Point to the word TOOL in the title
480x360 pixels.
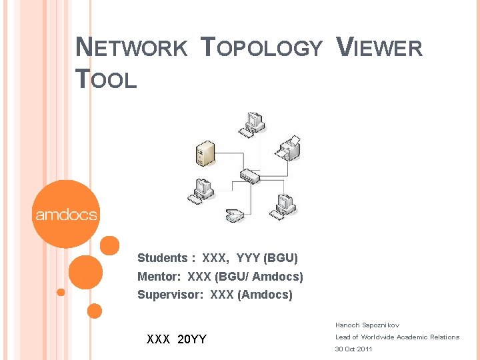tap(106, 80)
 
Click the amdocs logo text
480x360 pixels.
tap(66, 215)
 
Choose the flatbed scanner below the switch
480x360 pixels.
tap(235, 215)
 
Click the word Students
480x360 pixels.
tap(162, 258)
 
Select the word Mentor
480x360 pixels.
tap(158, 277)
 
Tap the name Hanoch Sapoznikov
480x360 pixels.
tap(367, 325)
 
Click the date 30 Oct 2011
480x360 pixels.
tap(353, 349)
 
